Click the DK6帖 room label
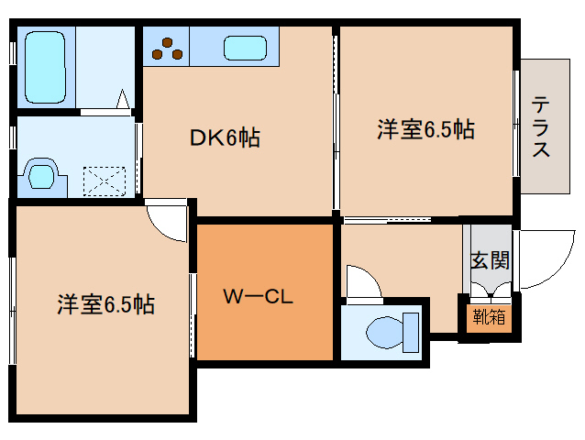(x=225, y=138)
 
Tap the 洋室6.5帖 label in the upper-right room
(x=425, y=130)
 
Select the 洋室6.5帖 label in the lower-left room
(x=105, y=304)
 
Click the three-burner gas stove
(x=168, y=48)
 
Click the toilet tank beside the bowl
(x=410, y=331)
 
